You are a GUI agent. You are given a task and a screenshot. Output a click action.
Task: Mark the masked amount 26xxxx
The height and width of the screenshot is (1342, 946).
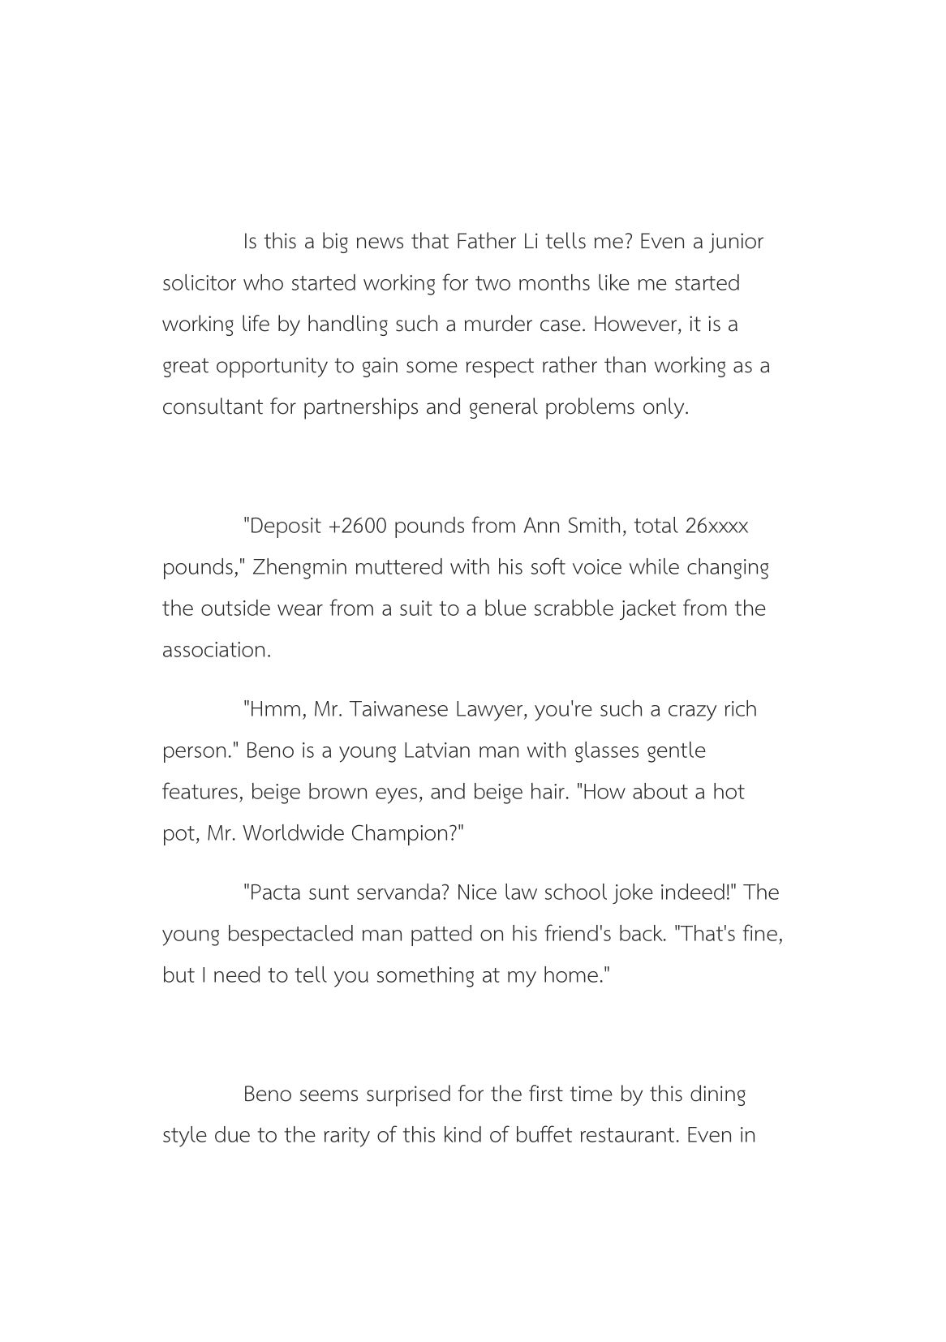click(x=716, y=526)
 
